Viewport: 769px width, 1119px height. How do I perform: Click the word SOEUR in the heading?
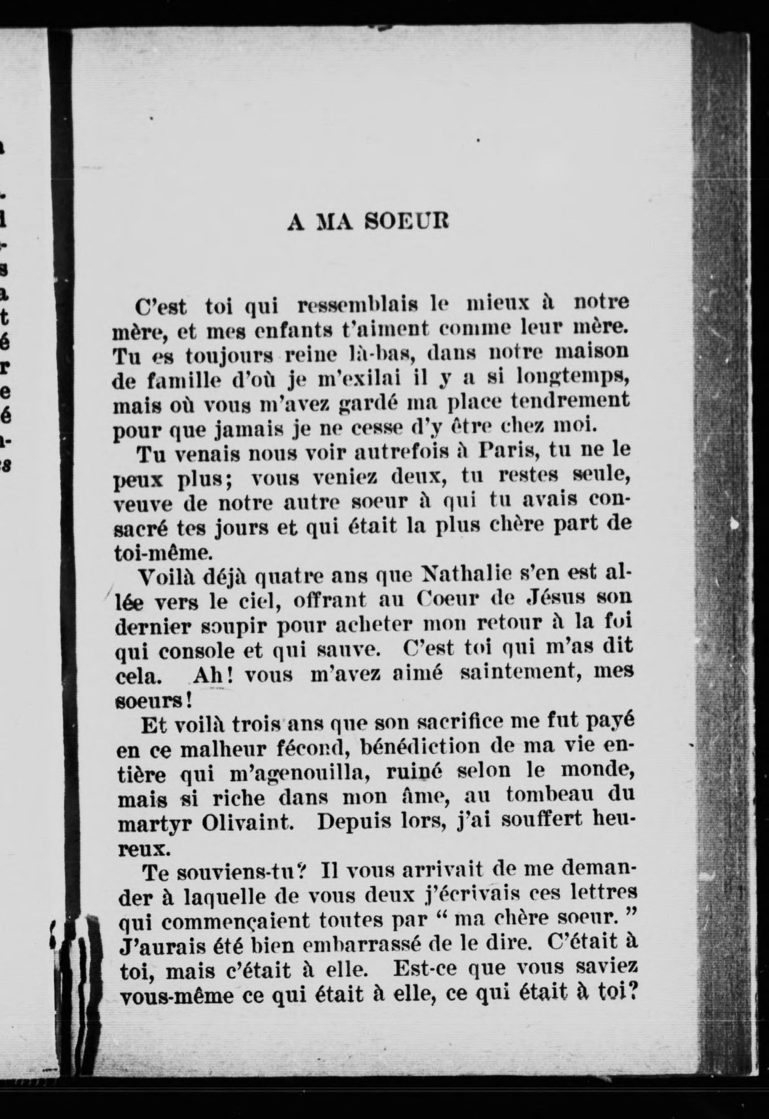point(406,222)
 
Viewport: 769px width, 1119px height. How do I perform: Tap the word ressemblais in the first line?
point(358,304)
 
